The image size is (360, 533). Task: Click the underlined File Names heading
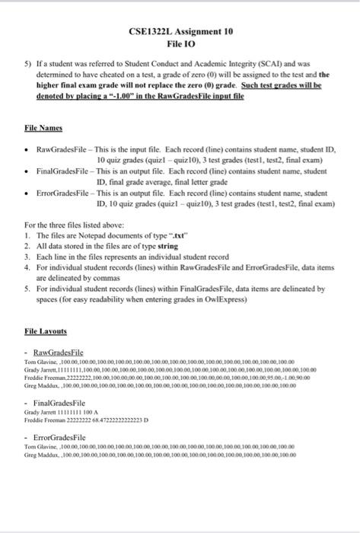pyautogui.click(x=43, y=129)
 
